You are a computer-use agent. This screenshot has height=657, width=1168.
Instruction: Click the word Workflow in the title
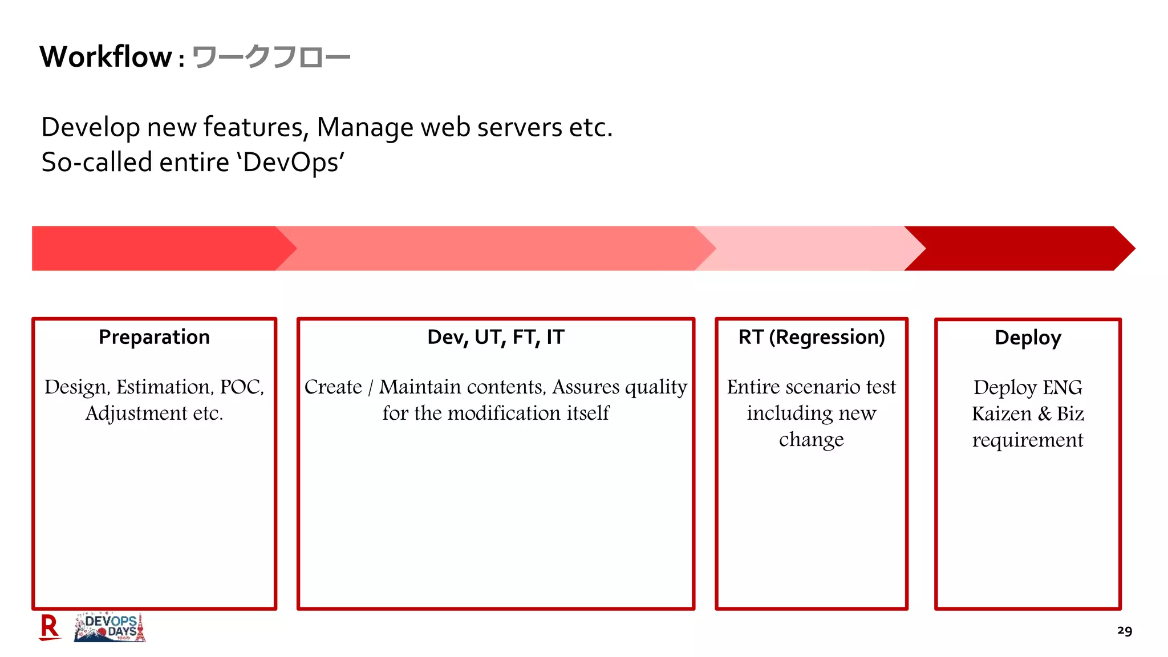tap(106, 57)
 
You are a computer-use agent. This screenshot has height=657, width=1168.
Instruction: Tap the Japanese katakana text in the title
tap(271, 58)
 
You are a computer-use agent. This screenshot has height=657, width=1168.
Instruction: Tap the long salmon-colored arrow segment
tap(496, 248)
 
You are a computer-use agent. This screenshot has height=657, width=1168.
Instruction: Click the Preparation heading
tap(154, 337)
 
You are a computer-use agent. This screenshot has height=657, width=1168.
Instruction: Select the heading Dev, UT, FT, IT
tap(496, 337)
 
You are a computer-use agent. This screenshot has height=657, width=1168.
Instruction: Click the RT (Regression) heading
tap(812, 337)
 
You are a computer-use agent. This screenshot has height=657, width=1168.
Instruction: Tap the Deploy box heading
tap(1028, 338)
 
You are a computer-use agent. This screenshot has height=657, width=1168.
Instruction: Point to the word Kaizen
tap(1001, 414)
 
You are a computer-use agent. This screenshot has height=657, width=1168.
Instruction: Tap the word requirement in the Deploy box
tap(1028, 440)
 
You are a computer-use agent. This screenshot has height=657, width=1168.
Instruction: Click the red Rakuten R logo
tap(50, 627)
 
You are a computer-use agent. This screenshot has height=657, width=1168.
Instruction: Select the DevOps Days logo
tap(110, 628)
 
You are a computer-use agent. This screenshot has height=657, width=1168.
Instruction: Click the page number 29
tap(1124, 631)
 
